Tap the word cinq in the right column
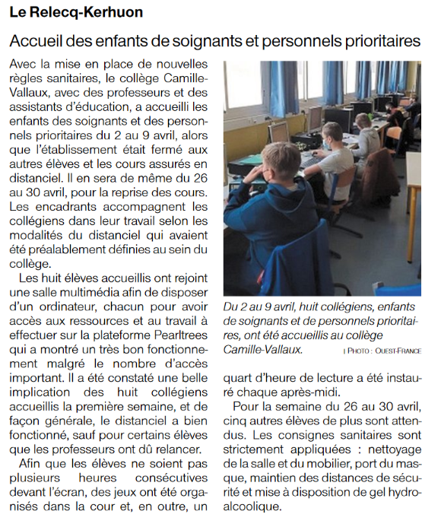pos(236,422)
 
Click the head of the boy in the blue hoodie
pos(283,163)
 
